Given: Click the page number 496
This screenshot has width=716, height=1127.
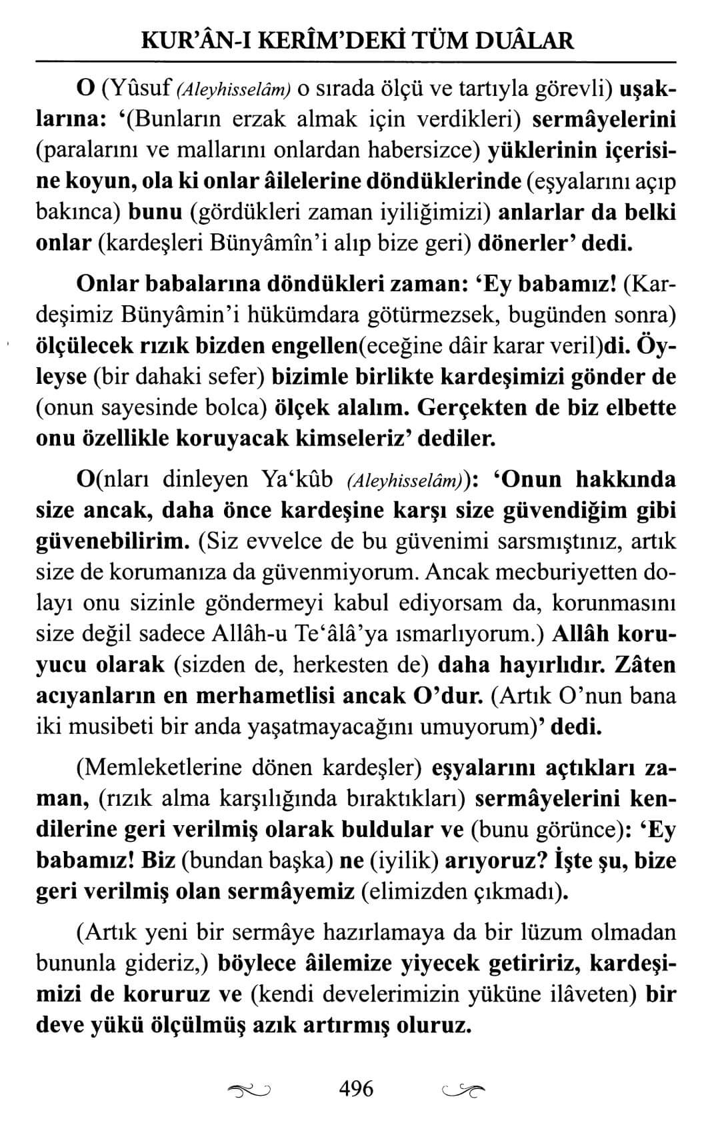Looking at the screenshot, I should point(357,1089).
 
